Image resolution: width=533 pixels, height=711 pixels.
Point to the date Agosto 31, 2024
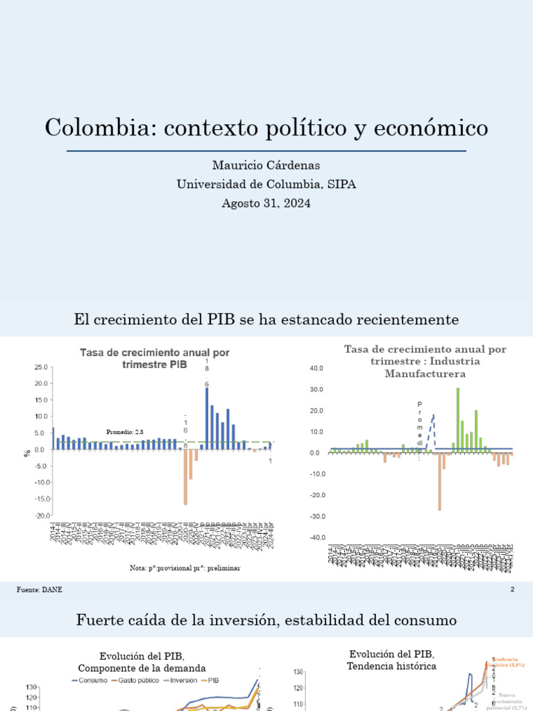pyautogui.click(x=266, y=203)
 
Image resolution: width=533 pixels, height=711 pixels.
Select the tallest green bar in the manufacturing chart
pyautogui.click(x=458, y=420)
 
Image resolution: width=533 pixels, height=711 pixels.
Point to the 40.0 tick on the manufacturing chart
pyautogui.click(x=316, y=368)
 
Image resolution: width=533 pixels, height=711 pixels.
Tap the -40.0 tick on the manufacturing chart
pyautogui.click(x=316, y=538)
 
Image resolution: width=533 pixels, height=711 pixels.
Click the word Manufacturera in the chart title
pyautogui.click(x=425, y=374)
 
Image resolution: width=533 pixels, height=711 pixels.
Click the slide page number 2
pyautogui.click(x=512, y=589)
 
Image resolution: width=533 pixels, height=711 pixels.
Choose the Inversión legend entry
pyautogui.click(x=183, y=680)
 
